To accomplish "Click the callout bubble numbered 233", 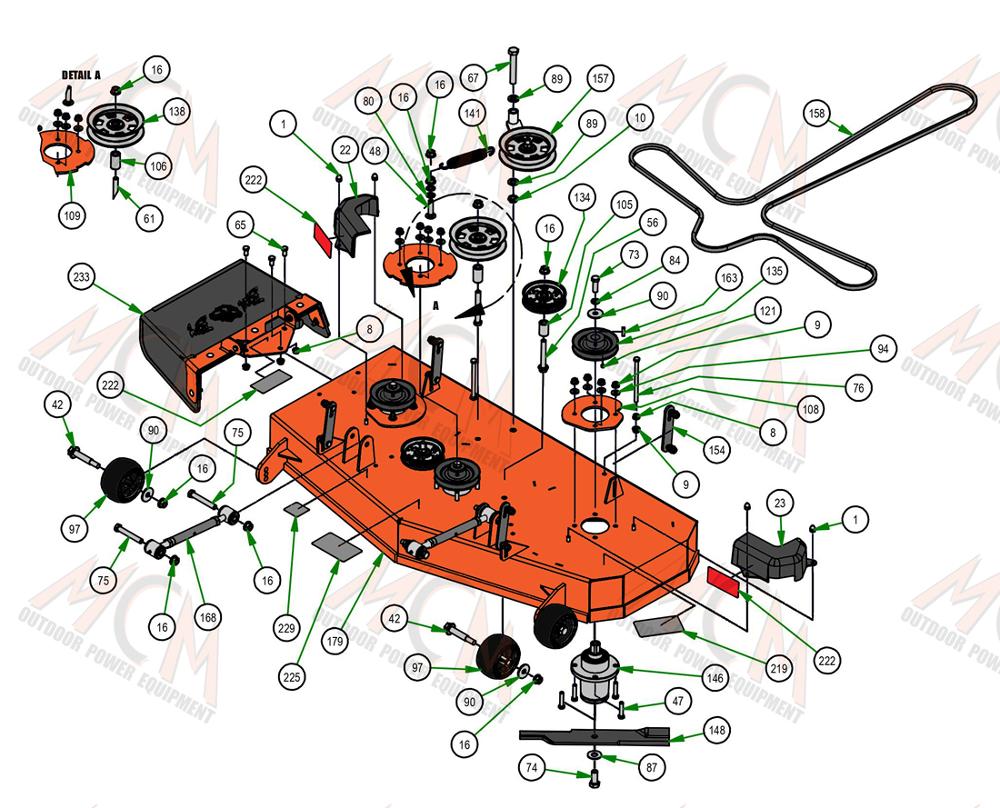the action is click(82, 277).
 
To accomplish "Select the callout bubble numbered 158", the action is click(817, 114).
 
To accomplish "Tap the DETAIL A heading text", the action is click(81, 75).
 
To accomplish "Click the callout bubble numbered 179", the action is click(335, 641).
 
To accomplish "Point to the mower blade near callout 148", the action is click(595, 736).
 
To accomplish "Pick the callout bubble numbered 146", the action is click(715, 678).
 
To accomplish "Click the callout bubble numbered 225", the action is click(292, 676).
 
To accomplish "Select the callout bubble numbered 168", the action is click(208, 617).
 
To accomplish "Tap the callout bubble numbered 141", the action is click(473, 114).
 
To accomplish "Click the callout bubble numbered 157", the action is click(601, 78).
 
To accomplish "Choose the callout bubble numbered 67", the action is click(474, 78).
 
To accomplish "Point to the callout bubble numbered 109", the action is click(72, 215).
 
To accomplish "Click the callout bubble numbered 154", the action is click(717, 450).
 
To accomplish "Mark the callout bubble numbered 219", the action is click(779, 668).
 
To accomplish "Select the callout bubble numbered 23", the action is click(780, 503).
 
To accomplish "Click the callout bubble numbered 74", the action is click(531, 768).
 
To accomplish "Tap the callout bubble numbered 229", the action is click(287, 628).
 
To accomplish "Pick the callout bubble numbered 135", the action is click(774, 271).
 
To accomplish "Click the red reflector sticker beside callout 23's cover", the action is click(723, 582).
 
